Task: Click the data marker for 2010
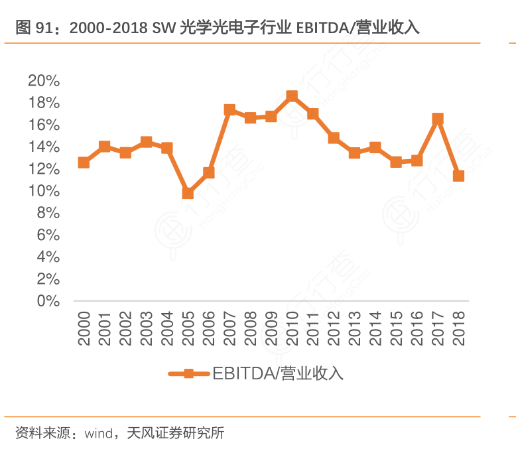pyautogui.click(x=292, y=96)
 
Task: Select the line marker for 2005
pyautogui.click(x=188, y=193)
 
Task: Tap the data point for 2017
pyautogui.click(x=437, y=119)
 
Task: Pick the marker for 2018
pyautogui.click(x=458, y=176)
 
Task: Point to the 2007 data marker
pyautogui.click(x=229, y=109)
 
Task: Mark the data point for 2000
pyautogui.click(x=84, y=162)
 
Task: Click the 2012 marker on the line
pyautogui.click(x=334, y=138)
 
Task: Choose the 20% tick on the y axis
pyautogui.click(x=44, y=81)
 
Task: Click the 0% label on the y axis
pyautogui.click(x=48, y=301)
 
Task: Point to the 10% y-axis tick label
pyautogui.click(x=44, y=191)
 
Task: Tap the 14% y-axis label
pyautogui.click(x=44, y=147)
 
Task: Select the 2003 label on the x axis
pyautogui.click(x=147, y=329)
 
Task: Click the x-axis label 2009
pyautogui.click(x=271, y=329)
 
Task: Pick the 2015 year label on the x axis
pyautogui.click(x=396, y=329)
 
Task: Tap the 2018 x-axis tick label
pyautogui.click(x=458, y=329)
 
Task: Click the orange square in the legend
pyautogui.click(x=188, y=373)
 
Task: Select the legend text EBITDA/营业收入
pyautogui.click(x=278, y=373)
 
